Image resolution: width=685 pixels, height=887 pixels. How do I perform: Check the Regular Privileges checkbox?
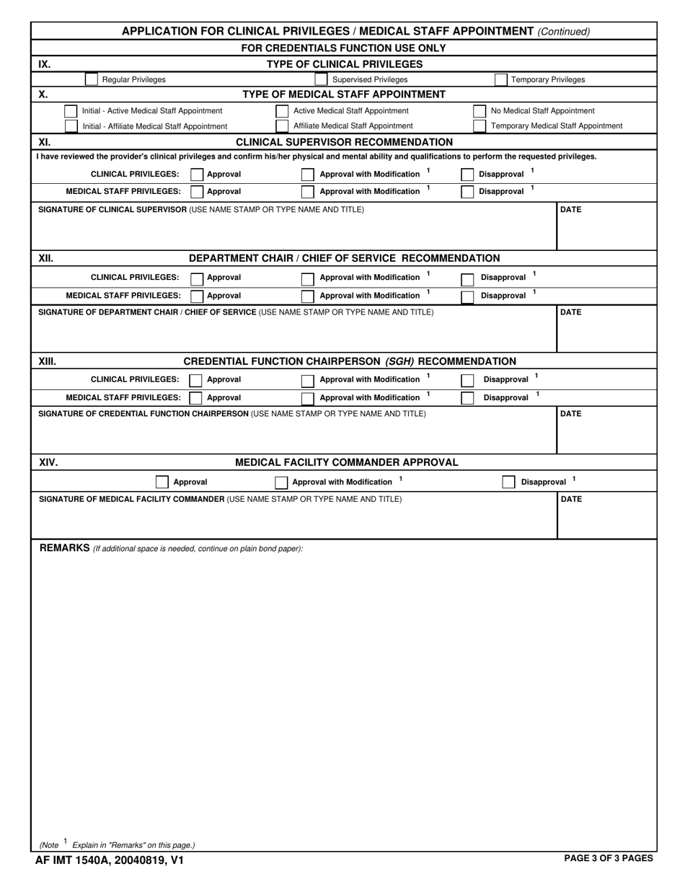point(91,79)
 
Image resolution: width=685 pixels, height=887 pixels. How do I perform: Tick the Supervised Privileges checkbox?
point(321,79)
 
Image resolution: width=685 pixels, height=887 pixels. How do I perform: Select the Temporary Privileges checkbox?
point(501,79)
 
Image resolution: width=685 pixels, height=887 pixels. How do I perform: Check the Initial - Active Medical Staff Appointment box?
point(71,111)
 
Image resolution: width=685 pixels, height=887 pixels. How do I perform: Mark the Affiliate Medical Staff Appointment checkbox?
point(282,126)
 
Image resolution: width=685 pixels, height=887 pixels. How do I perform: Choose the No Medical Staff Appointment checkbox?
point(479,111)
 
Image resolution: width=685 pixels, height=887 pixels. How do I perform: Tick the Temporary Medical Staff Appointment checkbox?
point(479,126)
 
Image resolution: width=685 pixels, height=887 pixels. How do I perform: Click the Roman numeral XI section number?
point(45,142)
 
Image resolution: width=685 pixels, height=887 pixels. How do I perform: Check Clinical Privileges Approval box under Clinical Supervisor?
point(197,175)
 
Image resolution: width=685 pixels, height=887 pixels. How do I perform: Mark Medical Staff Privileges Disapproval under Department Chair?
point(468,296)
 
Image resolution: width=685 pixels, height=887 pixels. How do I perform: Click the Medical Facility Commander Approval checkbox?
point(162,482)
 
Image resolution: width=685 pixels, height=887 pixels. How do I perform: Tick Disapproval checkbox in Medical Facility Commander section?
point(508,482)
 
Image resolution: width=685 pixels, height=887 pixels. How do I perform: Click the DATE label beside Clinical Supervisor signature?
point(570,210)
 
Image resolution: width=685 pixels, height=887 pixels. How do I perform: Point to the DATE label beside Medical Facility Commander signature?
point(570,499)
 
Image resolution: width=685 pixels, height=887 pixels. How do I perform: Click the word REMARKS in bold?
point(64,548)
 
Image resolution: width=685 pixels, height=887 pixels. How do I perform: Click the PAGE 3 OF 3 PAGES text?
point(609,858)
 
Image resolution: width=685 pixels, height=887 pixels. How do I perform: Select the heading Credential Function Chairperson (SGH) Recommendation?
point(350,361)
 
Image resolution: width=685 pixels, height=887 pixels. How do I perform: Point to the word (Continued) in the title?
point(563,32)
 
